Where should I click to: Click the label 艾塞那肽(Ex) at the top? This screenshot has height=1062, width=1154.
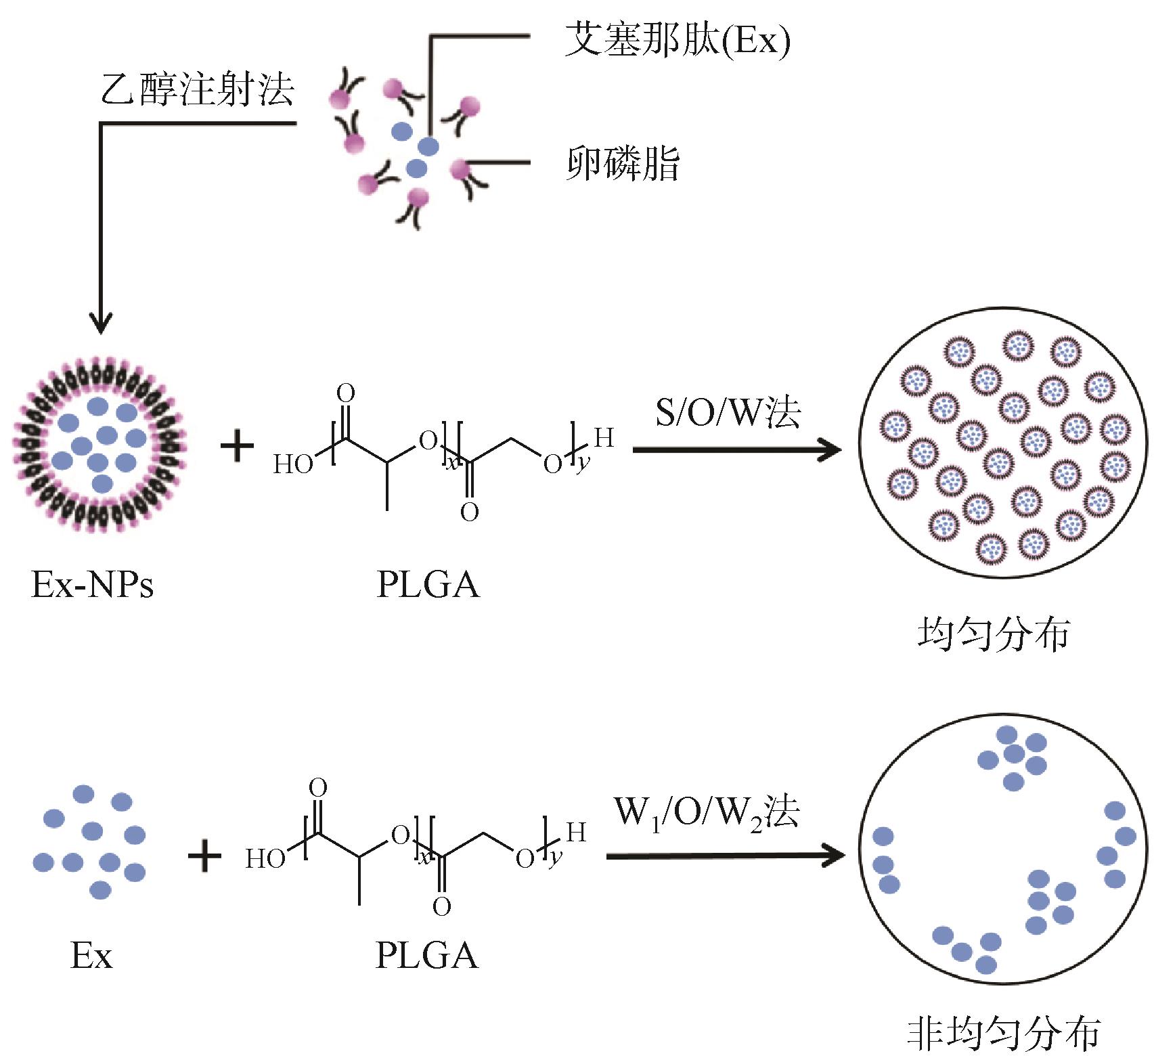click(x=678, y=42)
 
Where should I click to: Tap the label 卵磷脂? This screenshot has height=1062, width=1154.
click(x=622, y=164)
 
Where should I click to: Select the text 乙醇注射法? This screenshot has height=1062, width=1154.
click(x=197, y=90)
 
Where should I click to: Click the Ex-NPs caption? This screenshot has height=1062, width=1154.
click(x=93, y=583)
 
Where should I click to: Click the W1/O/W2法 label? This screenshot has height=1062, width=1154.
click(x=707, y=812)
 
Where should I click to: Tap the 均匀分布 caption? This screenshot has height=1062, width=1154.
click(x=994, y=636)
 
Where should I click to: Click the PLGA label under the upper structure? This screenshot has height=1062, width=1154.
click(x=428, y=583)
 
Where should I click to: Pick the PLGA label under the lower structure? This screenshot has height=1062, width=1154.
click(x=427, y=955)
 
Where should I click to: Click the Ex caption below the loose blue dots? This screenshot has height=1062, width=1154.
click(x=91, y=956)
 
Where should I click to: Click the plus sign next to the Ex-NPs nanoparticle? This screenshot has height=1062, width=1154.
click(x=237, y=447)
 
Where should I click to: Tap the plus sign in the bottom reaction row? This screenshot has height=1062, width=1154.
click(x=204, y=856)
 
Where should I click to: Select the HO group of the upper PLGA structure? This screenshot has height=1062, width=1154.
click(x=293, y=465)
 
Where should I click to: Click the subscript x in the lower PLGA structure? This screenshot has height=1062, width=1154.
click(x=424, y=858)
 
